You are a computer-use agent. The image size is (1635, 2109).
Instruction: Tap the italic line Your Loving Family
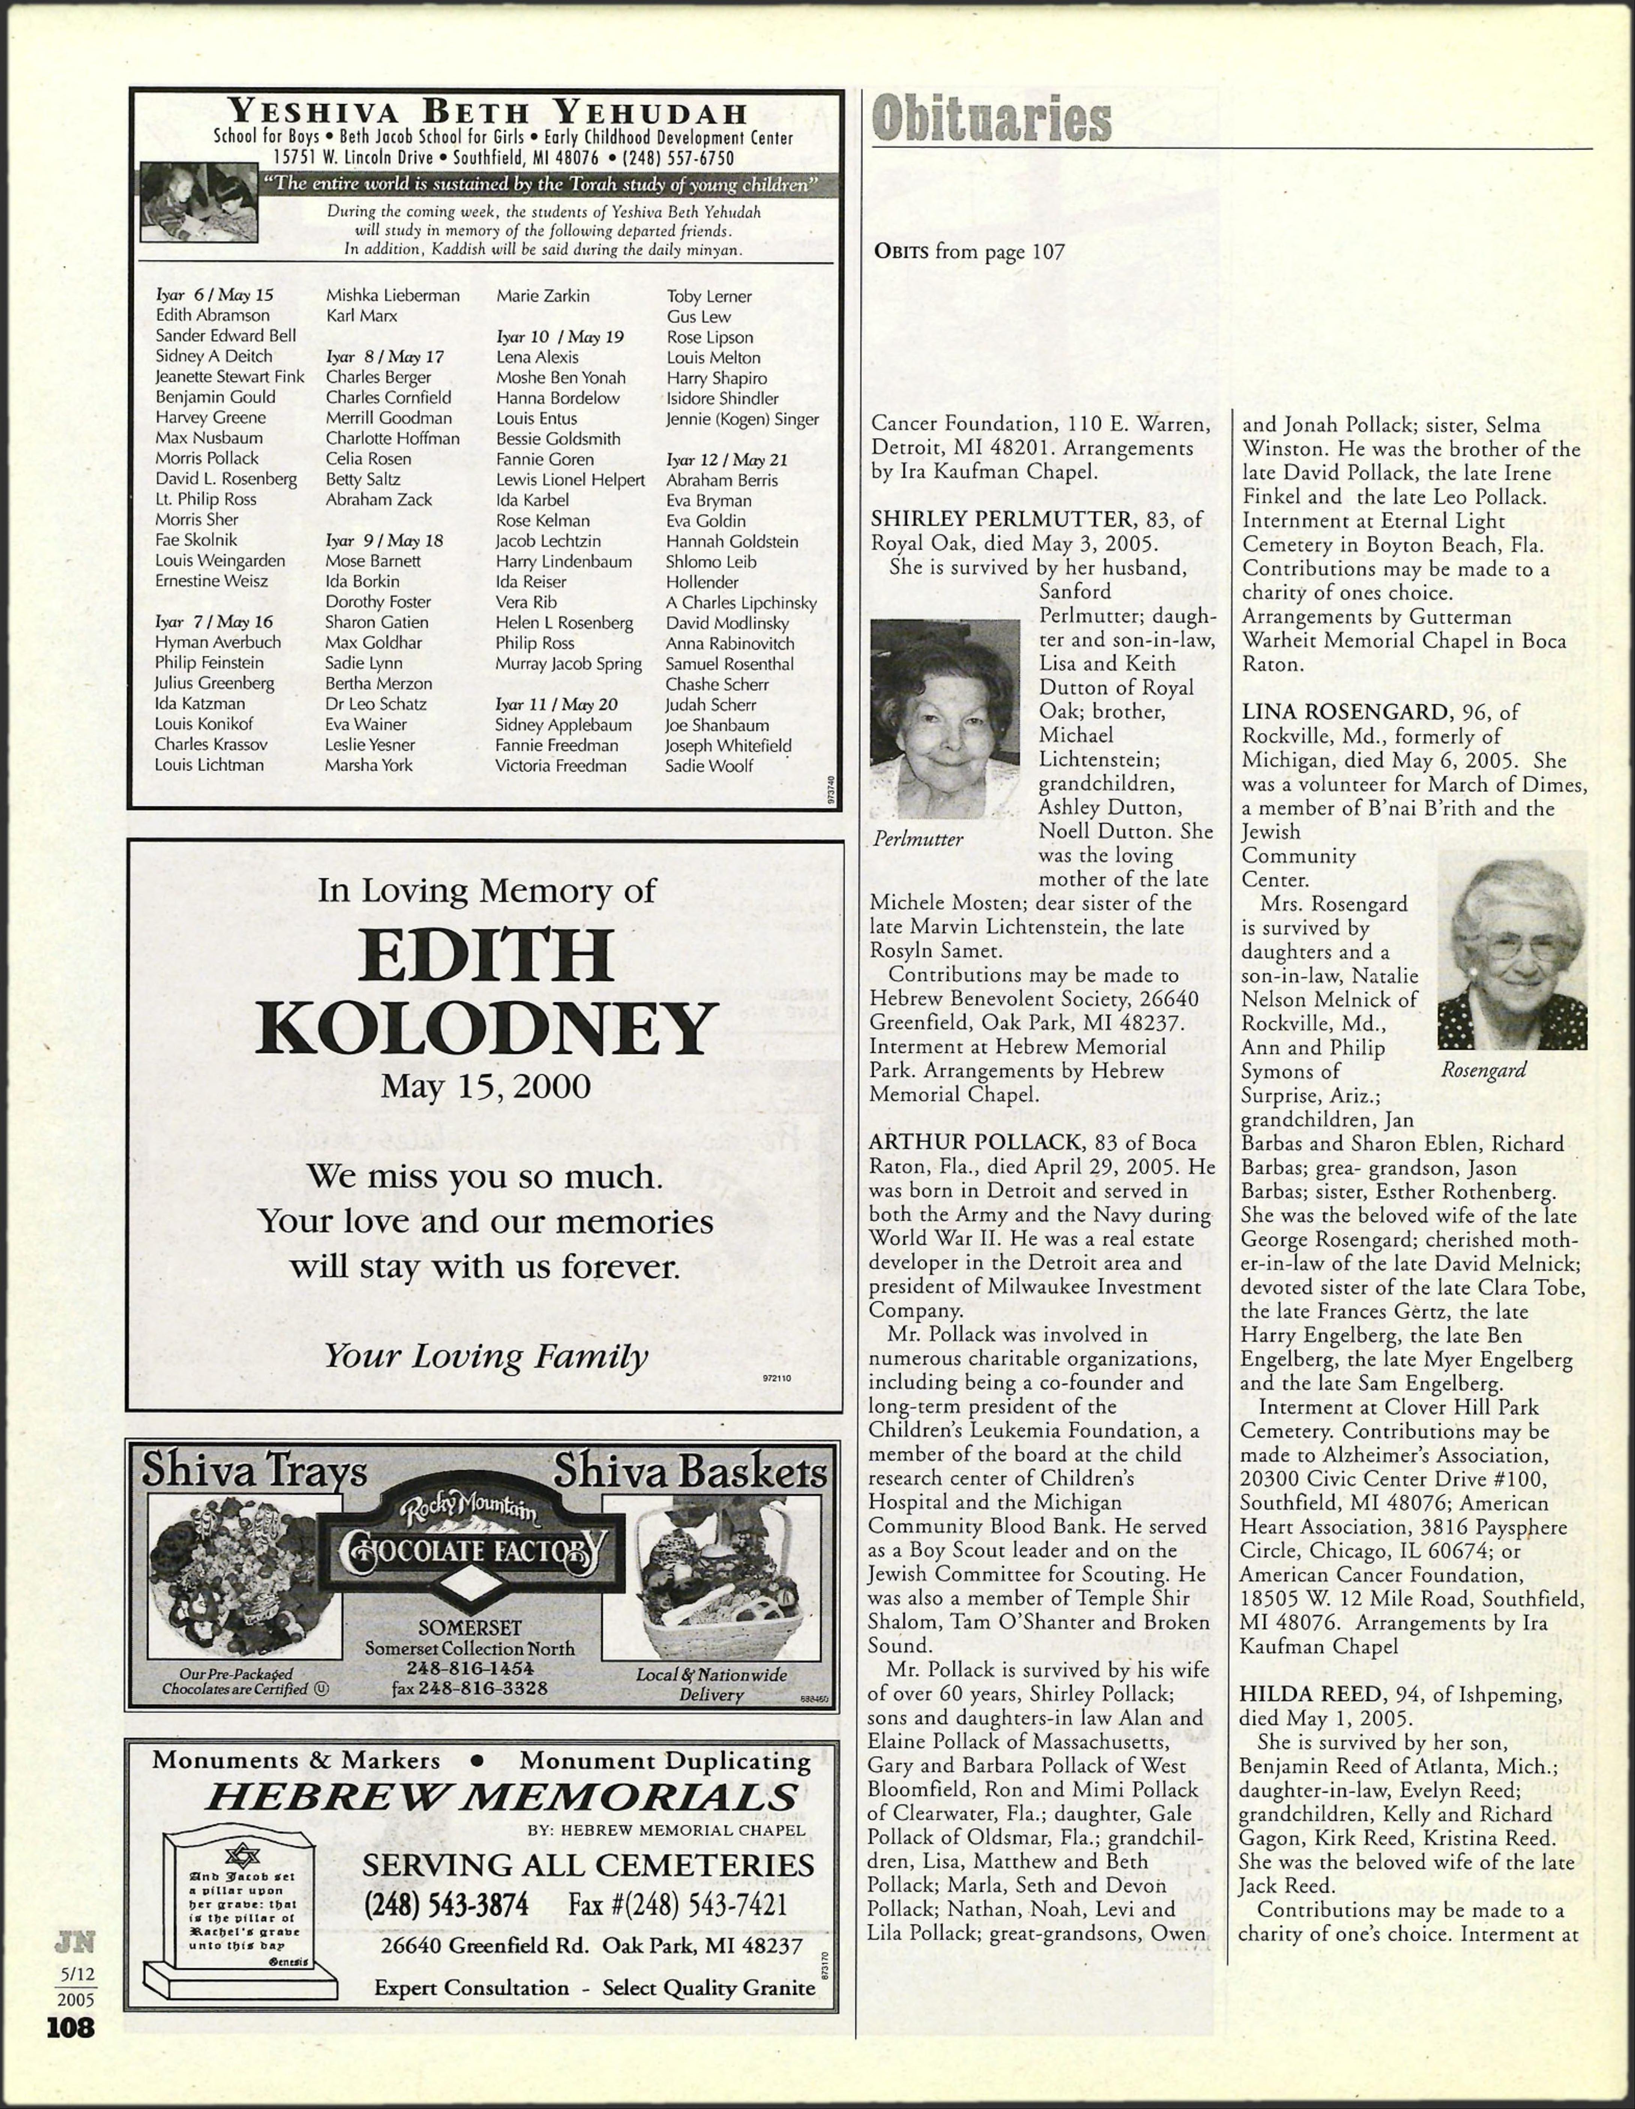[485, 1357]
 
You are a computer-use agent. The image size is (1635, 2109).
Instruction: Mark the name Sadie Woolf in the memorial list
[709, 766]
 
